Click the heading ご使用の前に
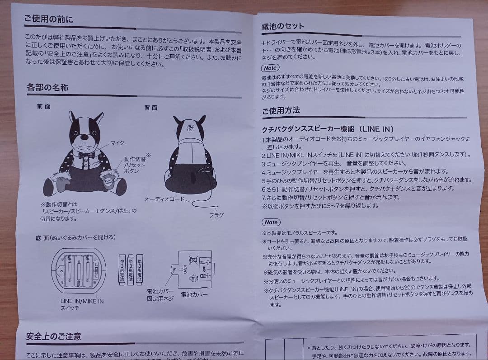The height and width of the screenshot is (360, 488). coord(48,19)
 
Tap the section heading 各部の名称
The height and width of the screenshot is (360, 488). coord(47,87)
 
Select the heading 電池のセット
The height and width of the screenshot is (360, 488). coord(283,26)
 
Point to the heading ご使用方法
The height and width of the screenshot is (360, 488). coord(281,110)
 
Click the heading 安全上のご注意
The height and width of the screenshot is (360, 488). coord(53,336)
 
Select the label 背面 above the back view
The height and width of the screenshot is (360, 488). coord(151,108)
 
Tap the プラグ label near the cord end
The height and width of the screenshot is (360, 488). coord(216,215)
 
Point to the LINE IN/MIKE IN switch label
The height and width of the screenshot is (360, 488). coord(82,304)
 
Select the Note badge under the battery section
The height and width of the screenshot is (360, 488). coord(270,68)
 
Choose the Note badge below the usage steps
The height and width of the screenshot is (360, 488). coord(271,222)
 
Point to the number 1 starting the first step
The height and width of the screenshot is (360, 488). coord(264,139)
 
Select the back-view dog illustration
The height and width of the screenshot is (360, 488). coord(188,154)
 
